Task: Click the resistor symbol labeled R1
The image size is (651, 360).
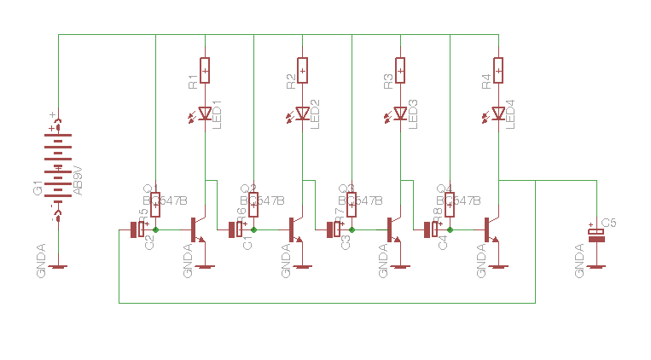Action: pos(205,70)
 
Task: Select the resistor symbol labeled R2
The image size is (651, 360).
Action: pos(302,70)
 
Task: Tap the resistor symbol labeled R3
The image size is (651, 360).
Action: pos(400,70)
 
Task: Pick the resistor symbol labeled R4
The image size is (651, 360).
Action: pos(498,70)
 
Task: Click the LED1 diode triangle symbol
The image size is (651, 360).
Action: pos(205,113)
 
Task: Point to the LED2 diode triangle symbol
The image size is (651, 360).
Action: pos(302,113)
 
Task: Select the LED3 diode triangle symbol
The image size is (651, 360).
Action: pos(400,113)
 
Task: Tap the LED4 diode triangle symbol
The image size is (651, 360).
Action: pos(498,113)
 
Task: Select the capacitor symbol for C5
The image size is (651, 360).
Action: pos(596,235)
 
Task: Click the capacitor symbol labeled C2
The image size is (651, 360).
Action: pos(137,229)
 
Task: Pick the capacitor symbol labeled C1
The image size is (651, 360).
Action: pos(235,229)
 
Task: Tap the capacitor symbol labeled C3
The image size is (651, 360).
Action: pos(333,229)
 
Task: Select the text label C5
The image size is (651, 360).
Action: pos(609,223)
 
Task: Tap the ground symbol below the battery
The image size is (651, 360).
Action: pos(58,266)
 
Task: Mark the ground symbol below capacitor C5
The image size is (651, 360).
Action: pos(596,266)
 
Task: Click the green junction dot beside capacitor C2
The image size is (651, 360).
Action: pos(155,229)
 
